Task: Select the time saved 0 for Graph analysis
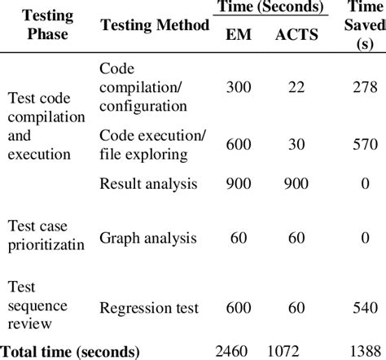point(362,239)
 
